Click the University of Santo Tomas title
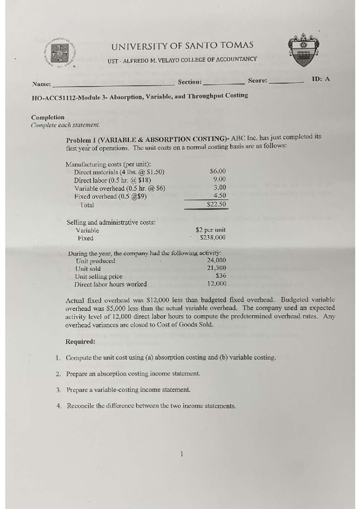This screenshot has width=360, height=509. pyautogui.click(x=182, y=46)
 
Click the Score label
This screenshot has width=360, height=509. pyautogui.click(x=257, y=81)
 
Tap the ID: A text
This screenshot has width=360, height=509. pyautogui.click(x=321, y=79)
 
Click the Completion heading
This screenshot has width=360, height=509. pyautogui.click(x=48, y=117)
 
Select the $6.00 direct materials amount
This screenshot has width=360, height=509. pyautogui.click(x=218, y=171)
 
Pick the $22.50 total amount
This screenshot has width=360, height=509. pyautogui.click(x=216, y=204)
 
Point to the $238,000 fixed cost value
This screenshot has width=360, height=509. pyautogui.click(x=213, y=238)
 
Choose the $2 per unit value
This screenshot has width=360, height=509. pyautogui.click(x=211, y=230)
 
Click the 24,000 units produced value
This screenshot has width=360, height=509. pyautogui.click(x=217, y=260)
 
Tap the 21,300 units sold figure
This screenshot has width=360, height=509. pyautogui.click(x=217, y=268)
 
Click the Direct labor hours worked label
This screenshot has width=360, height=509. pyautogui.click(x=111, y=284)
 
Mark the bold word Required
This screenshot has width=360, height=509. pyautogui.click(x=80, y=341)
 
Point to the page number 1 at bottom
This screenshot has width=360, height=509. pyautogui.click(x=181, y=454)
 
